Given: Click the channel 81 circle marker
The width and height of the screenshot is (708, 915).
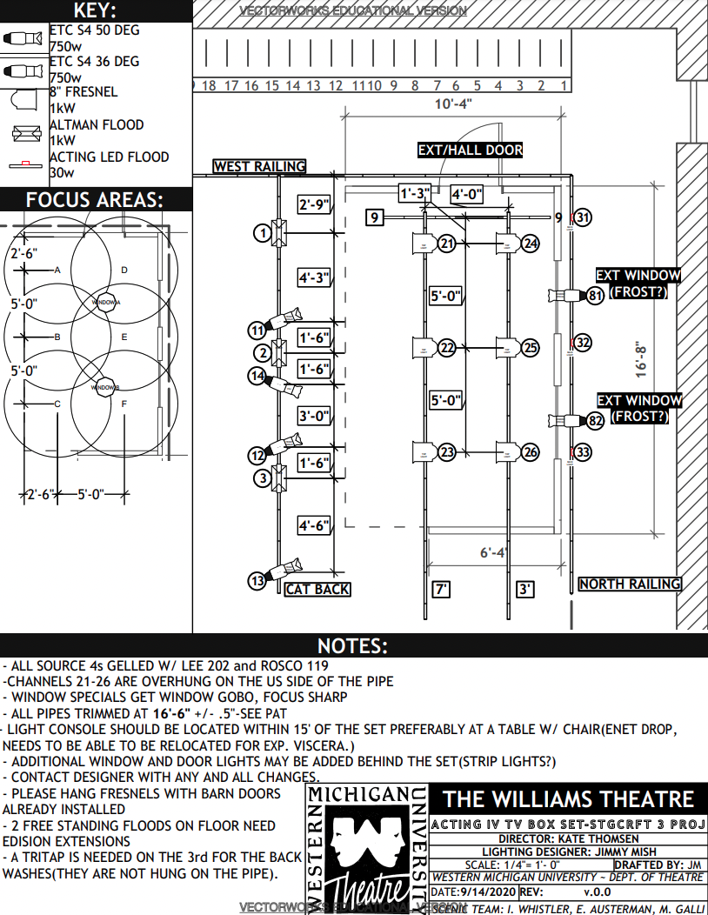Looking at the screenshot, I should click(x=595, y=297).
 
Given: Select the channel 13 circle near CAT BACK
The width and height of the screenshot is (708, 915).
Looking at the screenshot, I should click(x=257, y=581).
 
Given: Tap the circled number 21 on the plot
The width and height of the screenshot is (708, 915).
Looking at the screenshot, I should click(x=447, y=244).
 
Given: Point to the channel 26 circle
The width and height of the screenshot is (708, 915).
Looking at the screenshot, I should click(x=531, y=452).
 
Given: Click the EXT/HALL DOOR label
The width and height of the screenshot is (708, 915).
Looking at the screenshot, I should click(x=471, y=150).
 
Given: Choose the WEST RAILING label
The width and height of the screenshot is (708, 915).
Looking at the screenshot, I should click(x=260, y=166).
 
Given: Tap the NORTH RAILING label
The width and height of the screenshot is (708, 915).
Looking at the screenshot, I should click(x=630, y=584).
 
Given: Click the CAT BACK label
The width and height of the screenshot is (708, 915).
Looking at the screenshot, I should click(x=317, y=589).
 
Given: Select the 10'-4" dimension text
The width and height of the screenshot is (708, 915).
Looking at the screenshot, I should click(x=452, y=104).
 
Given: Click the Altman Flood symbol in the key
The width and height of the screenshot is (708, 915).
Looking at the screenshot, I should click(x=23, y=133).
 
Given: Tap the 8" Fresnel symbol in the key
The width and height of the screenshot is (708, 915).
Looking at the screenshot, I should click(x=21, y=100).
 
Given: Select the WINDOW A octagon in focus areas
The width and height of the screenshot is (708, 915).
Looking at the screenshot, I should click(x=106, y=301).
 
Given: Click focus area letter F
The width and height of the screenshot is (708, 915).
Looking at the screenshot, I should click(x=124, y=404).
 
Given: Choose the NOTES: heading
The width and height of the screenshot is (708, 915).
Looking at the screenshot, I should click(x=352, y=645).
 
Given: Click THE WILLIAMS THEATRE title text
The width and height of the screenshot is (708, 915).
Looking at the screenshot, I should click(x=569, y=800).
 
